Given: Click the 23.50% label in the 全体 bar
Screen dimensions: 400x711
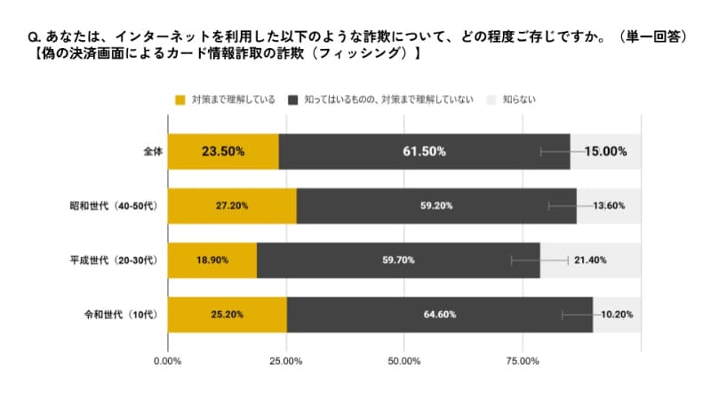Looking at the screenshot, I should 223,151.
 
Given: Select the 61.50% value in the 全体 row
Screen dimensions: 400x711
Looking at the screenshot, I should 424,151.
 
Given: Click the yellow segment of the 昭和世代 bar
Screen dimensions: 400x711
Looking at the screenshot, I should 232,205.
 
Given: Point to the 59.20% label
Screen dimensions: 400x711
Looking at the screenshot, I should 436,205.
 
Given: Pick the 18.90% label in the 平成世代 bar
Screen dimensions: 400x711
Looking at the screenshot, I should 212,260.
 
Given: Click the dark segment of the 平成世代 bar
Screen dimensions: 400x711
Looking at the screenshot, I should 398,260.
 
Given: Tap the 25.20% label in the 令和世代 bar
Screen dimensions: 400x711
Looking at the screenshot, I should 228,314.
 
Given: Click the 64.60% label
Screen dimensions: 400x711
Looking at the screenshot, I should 439,314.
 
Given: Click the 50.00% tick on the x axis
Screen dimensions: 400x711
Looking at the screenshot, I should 403,360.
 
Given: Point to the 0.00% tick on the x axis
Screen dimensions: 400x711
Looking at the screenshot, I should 168,360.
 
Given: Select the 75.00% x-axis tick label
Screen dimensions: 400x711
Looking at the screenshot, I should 522,360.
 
